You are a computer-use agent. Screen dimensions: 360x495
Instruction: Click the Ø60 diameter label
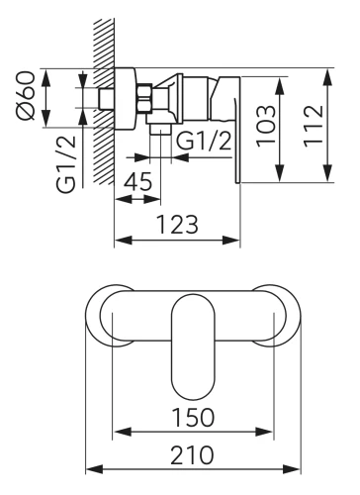click(26, 95)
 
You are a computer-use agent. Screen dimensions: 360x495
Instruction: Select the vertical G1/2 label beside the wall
click(66, 164)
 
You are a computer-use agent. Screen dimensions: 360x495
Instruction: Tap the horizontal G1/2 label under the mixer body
click(204, 141)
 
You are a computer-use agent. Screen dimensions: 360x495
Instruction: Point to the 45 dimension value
click(138, 181)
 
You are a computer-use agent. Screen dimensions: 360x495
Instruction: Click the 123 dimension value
click(177, 225)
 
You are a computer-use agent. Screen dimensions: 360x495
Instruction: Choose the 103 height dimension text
click(265, 126)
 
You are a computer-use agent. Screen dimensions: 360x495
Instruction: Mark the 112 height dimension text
click(313, 126)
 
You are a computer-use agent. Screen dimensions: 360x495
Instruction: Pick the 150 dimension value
click(193, 417)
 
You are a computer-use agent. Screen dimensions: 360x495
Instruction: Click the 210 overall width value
click(192, 454)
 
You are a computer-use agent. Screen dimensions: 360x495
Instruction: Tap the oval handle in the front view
click(193, 346)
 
